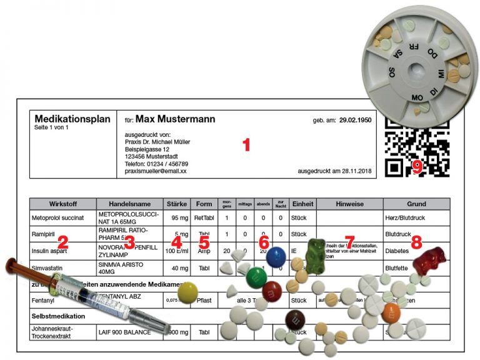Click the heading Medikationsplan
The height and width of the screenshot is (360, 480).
72,119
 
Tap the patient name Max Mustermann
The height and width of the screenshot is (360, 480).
175,119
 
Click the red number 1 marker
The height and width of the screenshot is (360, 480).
246,145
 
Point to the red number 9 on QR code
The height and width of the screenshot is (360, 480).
417,166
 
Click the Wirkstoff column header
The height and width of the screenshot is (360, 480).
62,204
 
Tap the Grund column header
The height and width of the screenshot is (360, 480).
416,204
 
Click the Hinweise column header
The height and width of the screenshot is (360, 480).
349,204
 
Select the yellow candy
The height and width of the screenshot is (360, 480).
187,292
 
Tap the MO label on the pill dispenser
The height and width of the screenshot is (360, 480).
417,97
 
